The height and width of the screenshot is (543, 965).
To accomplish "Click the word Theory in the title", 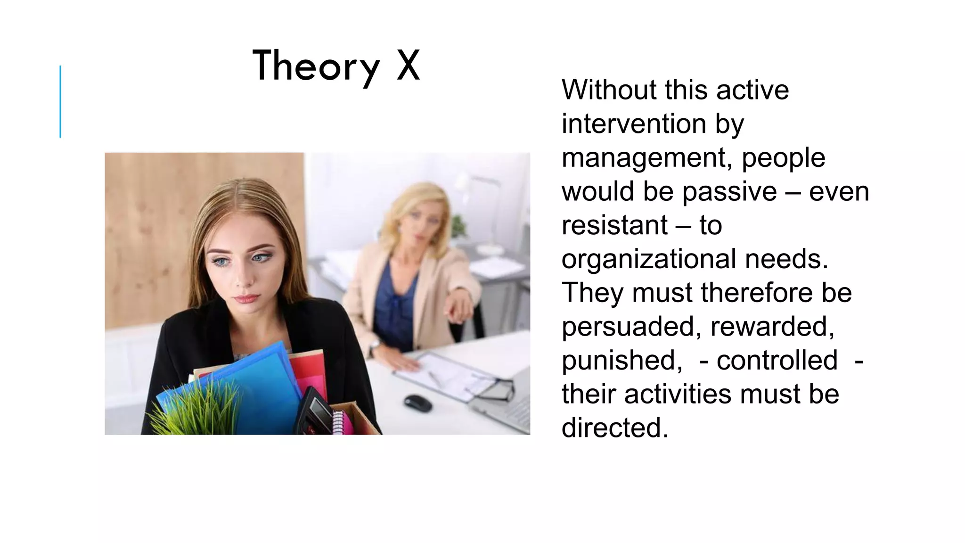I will click(316, 66).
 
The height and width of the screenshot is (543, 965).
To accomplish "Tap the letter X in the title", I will click(408, 66).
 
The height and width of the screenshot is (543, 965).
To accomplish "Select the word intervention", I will click(633, 123).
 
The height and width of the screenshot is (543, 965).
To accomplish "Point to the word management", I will click(647, 158).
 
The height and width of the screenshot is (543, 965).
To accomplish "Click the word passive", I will click(729, 191).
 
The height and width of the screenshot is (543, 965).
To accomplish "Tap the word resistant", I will click(614, 225).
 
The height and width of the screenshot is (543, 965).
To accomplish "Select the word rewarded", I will click(772, 326).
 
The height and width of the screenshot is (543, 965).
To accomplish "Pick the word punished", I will click(622, 360).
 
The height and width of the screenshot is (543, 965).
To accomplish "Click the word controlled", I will click(777, 360).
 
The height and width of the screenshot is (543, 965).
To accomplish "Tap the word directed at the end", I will click(614, 428).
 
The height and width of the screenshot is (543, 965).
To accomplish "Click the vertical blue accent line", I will click(60, 101).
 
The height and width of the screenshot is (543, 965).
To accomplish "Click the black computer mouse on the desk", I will click(418, 403).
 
